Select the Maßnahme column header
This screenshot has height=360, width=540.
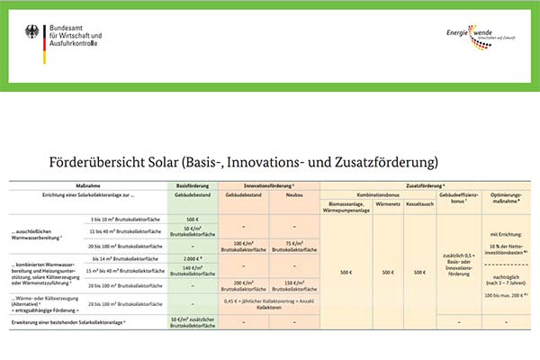point(88,186)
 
